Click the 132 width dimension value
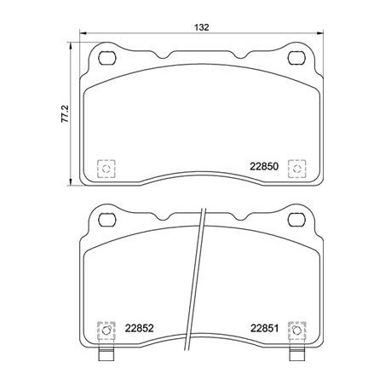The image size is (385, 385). click(x=202, y=27)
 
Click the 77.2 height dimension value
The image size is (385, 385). click(x=65, y=114)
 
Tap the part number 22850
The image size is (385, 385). click(x=264, y=166)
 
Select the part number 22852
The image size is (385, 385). click(x=140, y=329)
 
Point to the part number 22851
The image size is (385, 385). click(x=264, y=329)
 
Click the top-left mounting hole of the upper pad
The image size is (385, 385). click(x=107, y=58)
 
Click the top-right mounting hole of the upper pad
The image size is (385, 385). click(x=296, y=58)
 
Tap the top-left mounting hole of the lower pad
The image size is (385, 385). click(x=107, y=220)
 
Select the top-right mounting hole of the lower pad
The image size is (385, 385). click(x=296, y=220)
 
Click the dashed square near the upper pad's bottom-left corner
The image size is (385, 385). click(x=106, y=169)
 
